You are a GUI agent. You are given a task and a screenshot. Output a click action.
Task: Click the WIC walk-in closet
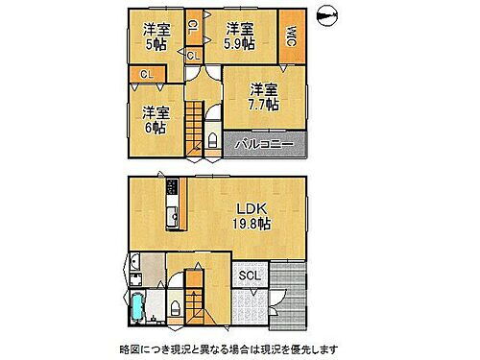(x=292, y=36)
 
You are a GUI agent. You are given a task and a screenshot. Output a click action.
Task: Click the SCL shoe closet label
(x=249, y=276)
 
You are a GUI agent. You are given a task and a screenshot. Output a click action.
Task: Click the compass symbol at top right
(x=328, y=16)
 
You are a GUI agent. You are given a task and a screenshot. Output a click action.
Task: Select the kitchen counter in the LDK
(x=172, y=204)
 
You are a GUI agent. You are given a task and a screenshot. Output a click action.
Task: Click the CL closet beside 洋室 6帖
(x=145, y=74)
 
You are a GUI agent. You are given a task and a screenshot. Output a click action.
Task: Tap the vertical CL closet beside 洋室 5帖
(x=192, y=29)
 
